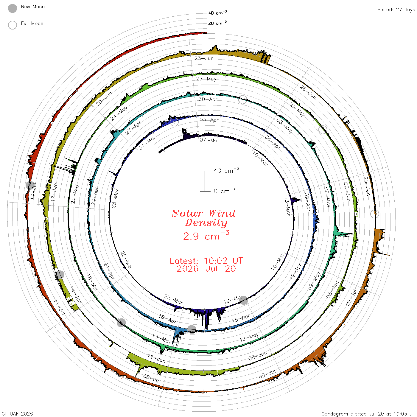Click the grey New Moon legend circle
(12, 8)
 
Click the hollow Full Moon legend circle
(12, 25)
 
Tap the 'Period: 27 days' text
(396, 10)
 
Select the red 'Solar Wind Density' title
(204, 218)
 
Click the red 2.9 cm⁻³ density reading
(206, 235)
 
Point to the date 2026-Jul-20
(206, 269)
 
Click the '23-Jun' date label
(204, 58)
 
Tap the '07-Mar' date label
(209, 140)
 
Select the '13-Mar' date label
(287, 206)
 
